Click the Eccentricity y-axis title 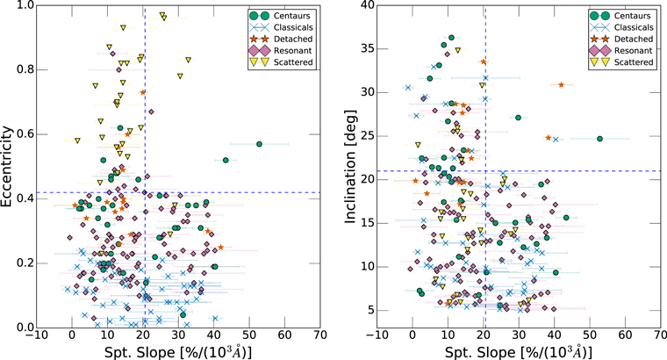(10, 166)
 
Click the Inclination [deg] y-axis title (353, 166)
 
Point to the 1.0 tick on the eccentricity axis (24, 5)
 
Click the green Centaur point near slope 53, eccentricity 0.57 (259, 143)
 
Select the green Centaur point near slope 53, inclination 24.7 (599, 138)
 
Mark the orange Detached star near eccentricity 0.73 (143, 92)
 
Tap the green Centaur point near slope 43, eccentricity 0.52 (226, 160)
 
